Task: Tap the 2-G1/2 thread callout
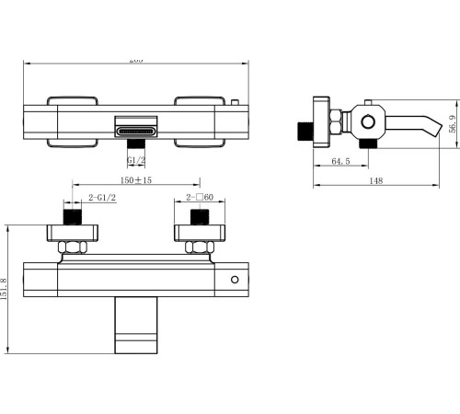pyautogui.click(x=101, y=198)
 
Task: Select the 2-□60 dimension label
pyautogui.click(x=200, y=198)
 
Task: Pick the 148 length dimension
pyautogui.click(x=377, y=180)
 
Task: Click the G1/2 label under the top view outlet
pyautogui.click(x=136, y=160)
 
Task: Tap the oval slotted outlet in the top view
pyautogui.click(x=136, y=131)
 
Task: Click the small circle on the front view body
pyautogui.click(x=235, y=279)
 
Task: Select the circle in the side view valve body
pyautogui.click(x=368, y=120)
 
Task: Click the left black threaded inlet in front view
pyautogui.click(x=72, y=219)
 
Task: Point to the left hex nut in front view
pyautogui.click(x=72, y=246)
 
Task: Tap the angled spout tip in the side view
pyautogui.click(x=425, y=123)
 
